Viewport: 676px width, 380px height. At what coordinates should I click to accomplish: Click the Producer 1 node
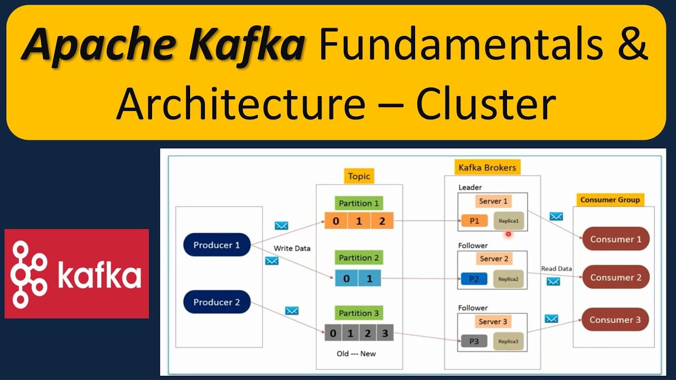pos(217,245)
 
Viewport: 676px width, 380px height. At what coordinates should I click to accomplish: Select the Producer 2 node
pos(217,302)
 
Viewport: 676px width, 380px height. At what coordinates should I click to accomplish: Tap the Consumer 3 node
pos(615,319)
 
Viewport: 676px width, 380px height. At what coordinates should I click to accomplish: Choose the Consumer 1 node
pos(616,239)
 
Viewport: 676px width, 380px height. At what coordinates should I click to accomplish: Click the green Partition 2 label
pos(359,258)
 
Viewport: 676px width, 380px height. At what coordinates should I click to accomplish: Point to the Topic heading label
pos(359,176)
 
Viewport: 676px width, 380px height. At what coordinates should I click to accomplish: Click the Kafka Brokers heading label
pos(487,168)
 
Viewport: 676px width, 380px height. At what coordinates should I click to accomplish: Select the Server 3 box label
pos(493,321)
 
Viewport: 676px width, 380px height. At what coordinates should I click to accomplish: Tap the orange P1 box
pos(474,221)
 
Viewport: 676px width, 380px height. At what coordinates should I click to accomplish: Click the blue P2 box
pos(474,279)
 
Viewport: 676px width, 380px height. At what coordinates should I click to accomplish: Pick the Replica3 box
pos(509,341)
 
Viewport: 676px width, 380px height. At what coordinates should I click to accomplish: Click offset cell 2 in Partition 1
pos(382,221)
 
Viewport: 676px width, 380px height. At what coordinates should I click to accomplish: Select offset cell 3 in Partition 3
pos(385,334)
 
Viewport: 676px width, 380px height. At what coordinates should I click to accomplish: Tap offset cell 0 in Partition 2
pos(346,278)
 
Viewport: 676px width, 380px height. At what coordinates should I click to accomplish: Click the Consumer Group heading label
pos(610,199)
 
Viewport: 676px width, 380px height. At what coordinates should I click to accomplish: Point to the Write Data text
pos(292,248)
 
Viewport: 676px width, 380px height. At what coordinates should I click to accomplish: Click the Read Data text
pos(556,269)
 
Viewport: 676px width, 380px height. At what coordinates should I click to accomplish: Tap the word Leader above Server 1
pos(470,187)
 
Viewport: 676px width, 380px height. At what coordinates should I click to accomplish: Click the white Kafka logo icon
pos(29,274)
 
